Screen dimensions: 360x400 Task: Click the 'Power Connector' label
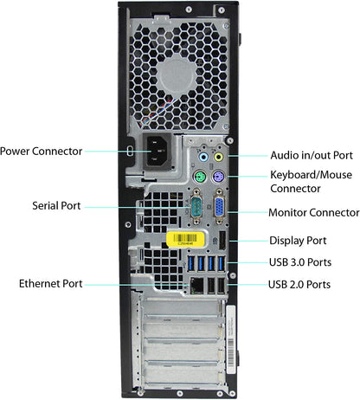click(x=41, y=152)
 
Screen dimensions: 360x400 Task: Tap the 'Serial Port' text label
click(x=56, y=206)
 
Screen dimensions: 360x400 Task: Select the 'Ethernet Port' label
click(x=51, y=283)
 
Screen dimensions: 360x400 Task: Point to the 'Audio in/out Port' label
click(x=312, y=155)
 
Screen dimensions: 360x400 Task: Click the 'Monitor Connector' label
click(x=314, y=213)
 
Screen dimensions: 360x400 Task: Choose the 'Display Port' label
click(x=298, y=241)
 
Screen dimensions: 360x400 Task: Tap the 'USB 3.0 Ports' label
click(x=300, y=262)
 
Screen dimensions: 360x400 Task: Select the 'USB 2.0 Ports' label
click(x=299, y=285)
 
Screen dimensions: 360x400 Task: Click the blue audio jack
click(x=203, y=158)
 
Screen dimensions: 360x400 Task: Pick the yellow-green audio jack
click(x=218, y=158)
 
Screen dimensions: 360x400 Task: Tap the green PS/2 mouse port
click(x=200, y=177)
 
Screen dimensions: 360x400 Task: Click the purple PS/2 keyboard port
click(x=218, y=177)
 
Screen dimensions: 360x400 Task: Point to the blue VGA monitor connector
click(x=219, y=207)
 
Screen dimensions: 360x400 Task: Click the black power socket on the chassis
click(x=158, y=152)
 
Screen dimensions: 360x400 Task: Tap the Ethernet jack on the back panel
click(x=196, y=285)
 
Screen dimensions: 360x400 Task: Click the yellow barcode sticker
click(x=185, y=239)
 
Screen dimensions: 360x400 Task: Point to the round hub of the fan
click(x=177, y=76)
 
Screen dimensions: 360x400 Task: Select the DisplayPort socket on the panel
click(x=222, y=241)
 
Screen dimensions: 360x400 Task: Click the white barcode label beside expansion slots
click(x=231, y=339)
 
